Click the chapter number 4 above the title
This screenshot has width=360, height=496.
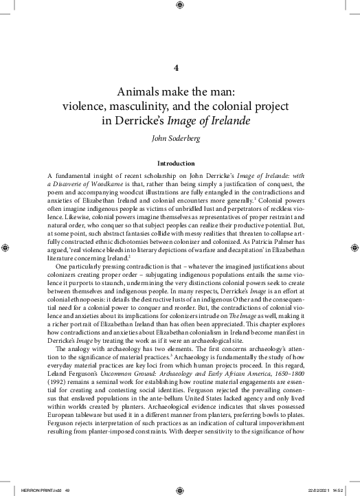178,68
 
